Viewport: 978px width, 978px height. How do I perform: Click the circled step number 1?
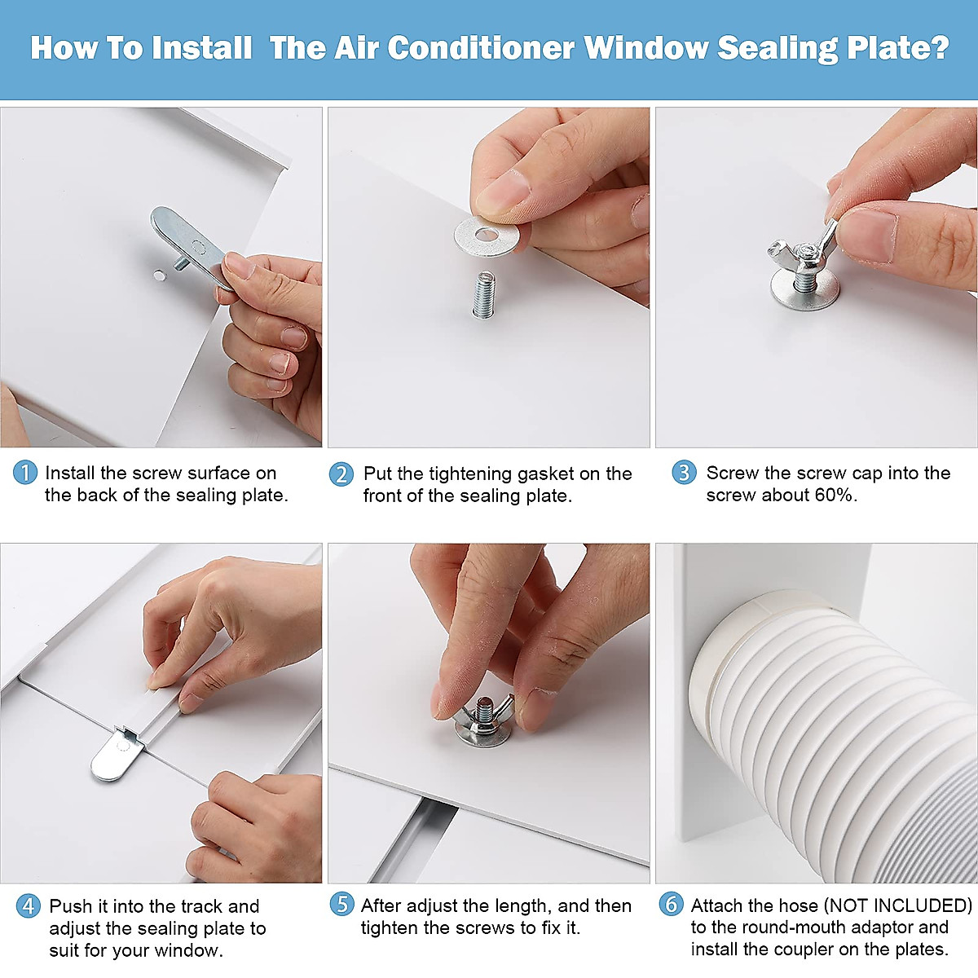pos(25,473)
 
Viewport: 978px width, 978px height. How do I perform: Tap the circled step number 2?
pos(341,474)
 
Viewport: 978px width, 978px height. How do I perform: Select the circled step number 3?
pos(684,473)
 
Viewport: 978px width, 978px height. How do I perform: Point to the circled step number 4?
pos(29,906)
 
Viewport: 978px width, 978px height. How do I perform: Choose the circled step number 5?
pos(341,905)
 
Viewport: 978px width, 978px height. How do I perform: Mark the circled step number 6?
pos(671,904)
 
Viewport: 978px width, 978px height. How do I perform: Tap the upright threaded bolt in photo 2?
pos(484,294)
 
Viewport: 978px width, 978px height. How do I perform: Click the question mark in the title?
pos(940,48)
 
